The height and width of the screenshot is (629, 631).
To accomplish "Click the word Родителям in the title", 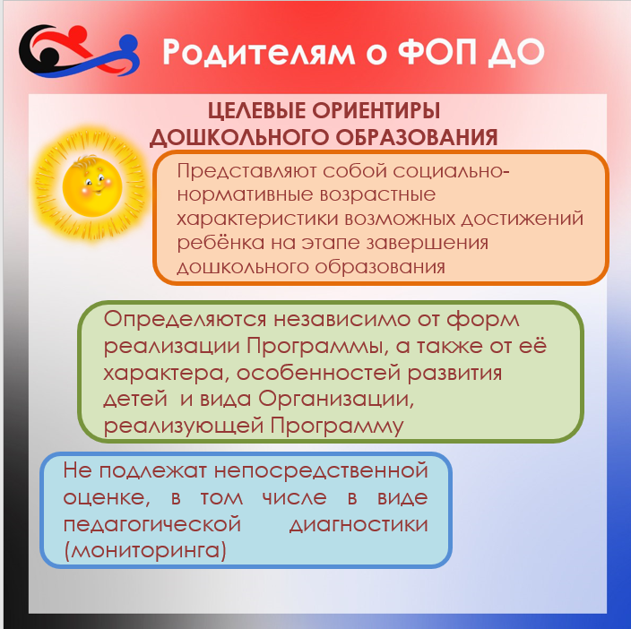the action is pyautogui.click(x=259, y=52).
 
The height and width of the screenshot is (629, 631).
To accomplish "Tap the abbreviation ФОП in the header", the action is pyautogui.click(x=438, y=51).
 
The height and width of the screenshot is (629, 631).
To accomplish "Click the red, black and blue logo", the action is pyautogui.click(x=79, y=51).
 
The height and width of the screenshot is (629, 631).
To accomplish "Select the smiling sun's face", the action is pyautogui.click(x=92, y=186).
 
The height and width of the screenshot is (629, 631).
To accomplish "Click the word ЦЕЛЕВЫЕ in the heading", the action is pyautogui.click(x=256, y=110).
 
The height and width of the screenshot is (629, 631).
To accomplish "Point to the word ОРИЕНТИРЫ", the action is pyautogui.click(x=376, y=110).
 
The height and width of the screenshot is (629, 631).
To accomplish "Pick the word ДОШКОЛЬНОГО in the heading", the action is pyautogui.click(x=239, y=137).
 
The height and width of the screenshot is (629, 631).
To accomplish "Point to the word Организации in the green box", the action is pyautogui.click(x=336, y=400).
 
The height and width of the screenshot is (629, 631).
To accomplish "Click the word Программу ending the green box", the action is pyautogui.click(x=336, y=427).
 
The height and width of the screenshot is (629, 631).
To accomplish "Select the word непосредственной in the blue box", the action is pyautogui.click(x=321, y=471).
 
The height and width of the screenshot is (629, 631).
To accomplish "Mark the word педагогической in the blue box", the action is pyautogui.click(x=152, y=525).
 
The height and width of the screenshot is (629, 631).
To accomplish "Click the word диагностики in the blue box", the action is pyautogui.click(x=359, y=525).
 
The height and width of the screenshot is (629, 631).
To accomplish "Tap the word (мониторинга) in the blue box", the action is pyautogui.click(x=145, y=550).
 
